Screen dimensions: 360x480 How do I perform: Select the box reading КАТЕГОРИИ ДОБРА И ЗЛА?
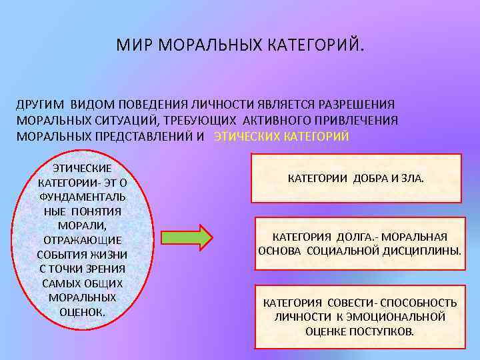pos(355,179)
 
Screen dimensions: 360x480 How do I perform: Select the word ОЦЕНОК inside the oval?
pos(83,311)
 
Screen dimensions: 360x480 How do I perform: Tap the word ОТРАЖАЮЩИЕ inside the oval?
pos(83,240)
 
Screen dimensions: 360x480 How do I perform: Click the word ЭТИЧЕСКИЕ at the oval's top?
pos(83,168)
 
